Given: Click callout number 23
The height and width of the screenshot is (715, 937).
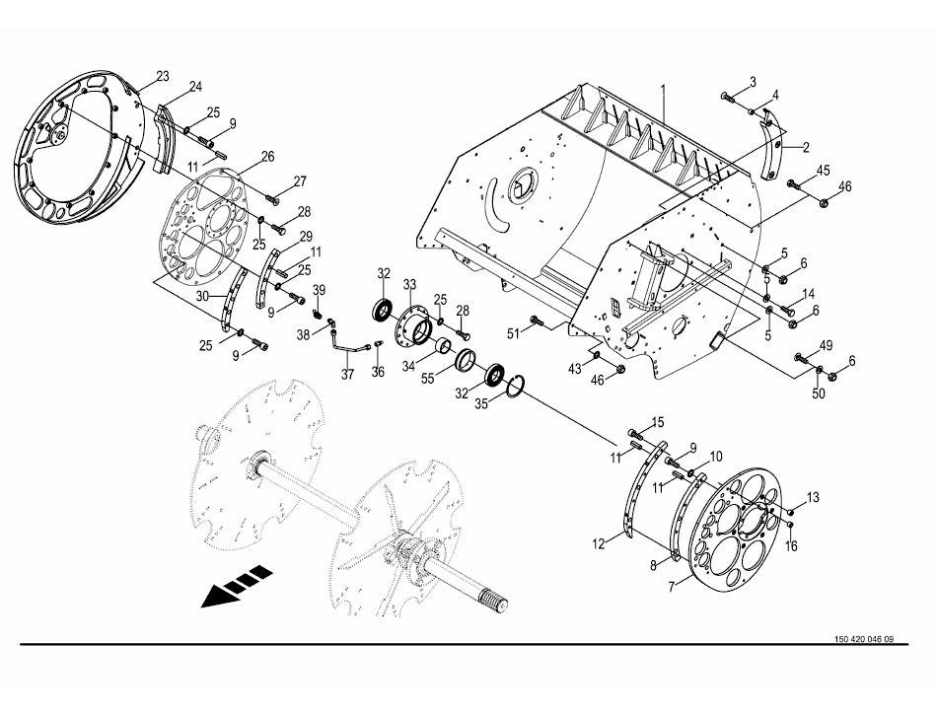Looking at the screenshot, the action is pos(163,77).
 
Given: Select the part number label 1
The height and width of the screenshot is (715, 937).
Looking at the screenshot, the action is pos(663,90).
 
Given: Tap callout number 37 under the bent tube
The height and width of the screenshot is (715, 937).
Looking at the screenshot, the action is pos(348,375).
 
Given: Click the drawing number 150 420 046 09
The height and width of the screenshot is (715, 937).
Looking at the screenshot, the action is pos(864,639).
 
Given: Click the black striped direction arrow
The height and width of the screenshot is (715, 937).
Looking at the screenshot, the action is pos(236,586).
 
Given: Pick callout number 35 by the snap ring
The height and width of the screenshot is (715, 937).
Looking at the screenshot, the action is pos(481,403).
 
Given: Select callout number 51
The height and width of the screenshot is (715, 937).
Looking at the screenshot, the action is pos(514,333).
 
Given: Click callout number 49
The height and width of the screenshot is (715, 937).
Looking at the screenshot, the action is pos(826,345).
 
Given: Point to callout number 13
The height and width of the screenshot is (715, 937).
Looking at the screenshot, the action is pos(814,498).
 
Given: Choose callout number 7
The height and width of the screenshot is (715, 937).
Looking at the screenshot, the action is pos(672,587).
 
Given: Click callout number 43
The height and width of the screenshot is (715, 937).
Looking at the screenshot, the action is pos(575,369).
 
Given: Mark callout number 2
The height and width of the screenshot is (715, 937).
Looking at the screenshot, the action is pos(806,147).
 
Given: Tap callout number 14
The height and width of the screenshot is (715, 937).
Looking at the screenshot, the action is pos(809,294).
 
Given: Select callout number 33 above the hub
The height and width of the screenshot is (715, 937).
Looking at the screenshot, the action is pos(409,284).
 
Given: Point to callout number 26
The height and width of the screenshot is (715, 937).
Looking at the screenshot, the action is pos(267,157).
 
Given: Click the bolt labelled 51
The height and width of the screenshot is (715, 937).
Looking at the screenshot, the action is pos(536,322).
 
